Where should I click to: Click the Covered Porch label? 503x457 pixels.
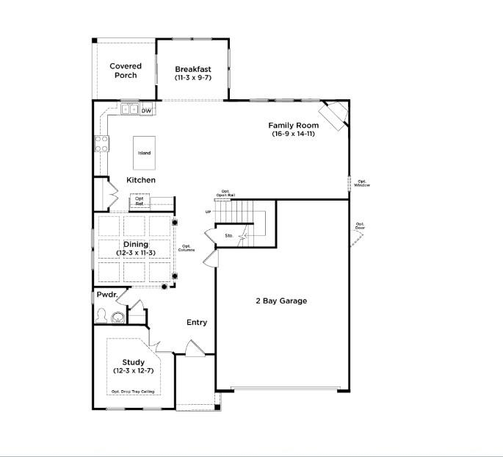coord(126,71)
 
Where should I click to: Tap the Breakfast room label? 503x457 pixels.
coord(193,73)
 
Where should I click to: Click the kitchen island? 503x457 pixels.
coord(144,152)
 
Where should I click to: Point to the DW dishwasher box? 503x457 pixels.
coord(146,110)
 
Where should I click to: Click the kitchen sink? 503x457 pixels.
coord(129,110)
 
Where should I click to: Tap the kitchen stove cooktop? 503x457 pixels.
coord(101,143)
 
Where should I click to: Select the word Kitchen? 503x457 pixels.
coord(141,180)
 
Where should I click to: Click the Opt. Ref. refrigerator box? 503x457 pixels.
coord(140,200)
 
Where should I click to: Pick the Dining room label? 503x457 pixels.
coord(136,248)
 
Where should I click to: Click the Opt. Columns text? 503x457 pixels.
coord(187,248)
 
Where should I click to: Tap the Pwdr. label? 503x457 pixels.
coord(106,295)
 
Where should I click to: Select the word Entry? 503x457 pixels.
coord(197,323)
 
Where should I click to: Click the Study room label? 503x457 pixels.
coord(134,366)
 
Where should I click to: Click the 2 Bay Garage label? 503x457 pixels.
coord(281,301)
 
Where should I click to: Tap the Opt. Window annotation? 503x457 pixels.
coord(362,183)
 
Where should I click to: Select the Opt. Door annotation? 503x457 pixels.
coord(361,226)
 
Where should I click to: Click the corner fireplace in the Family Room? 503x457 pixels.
coord(337,115)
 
